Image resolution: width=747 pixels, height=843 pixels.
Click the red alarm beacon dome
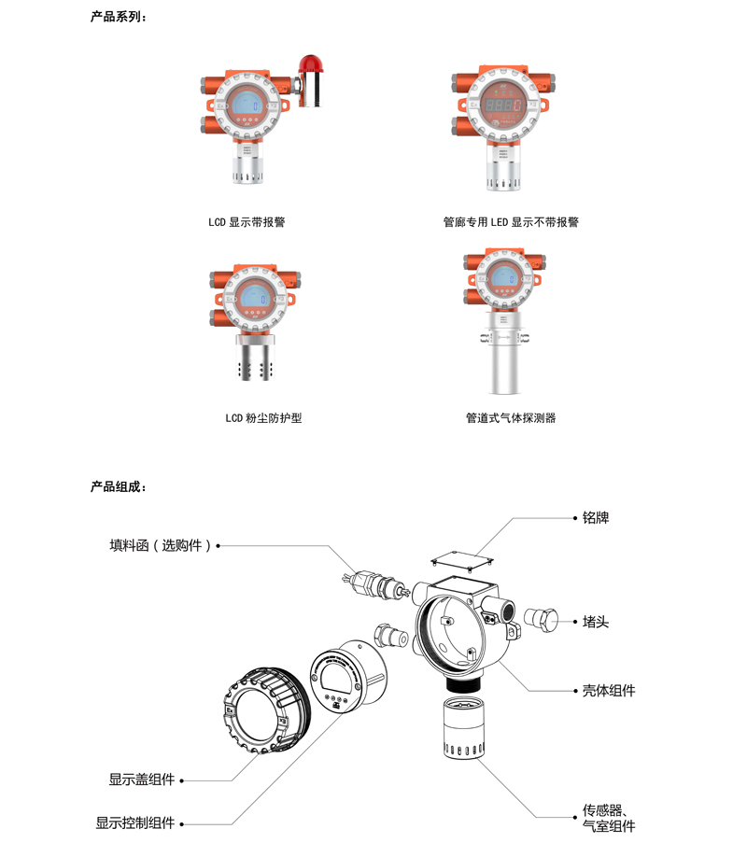pyautogui.click(x=310, y=64)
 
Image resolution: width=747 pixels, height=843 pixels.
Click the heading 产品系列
pyautogui.click(x=118, y=17)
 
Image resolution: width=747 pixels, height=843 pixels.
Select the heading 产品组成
pyautogui.click(x=118, y=486)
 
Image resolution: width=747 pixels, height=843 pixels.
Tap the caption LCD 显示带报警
pyautogui.click(x=247, y=222)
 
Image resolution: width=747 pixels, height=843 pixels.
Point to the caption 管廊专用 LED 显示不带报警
pyautogui.click(x=511, y=222)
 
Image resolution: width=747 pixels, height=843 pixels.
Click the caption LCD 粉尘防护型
pyautogui.click(x=263, y=417)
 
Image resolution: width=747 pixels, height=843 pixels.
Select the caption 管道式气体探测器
pyautogui.click(x=511, y=417)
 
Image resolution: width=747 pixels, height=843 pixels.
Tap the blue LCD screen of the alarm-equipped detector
pyautogui.click(x=245, y=105)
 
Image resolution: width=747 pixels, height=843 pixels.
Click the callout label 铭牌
pyautogui.click(x=596, y=518)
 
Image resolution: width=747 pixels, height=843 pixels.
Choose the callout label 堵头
pyautogui.click(x=596, y=622)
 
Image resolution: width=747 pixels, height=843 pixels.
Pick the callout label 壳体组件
pyautogui.click(x=609, y=690)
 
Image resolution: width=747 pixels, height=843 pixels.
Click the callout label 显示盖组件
pyautogui.click(x=142, y=780)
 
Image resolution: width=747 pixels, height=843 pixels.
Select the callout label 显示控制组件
pyautogui.click(x=135, y=823)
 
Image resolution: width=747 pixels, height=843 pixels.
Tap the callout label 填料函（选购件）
pyautogui.click(x=161, y=546)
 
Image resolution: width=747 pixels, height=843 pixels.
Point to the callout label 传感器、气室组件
pyautogui.click(x=609, y=819)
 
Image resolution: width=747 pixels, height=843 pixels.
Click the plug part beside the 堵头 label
pyautogui.click(x=541, y=620)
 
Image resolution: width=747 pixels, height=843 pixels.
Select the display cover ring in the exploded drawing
pyautogui.click(x=267, y=710)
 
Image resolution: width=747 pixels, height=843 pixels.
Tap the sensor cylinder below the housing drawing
pyautogui.click(x=463, y=727)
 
